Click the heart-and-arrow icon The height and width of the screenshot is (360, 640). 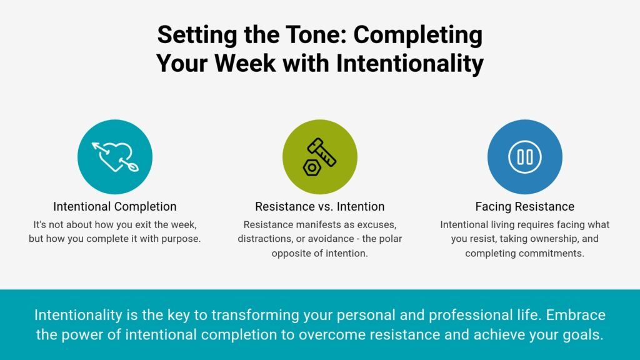pyautogui.click(x=115, y=157)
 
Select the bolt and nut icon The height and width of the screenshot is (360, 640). pyautogui.click(x=319, y=157)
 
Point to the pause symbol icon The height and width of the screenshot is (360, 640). pyautogui.click(x=525, y=157)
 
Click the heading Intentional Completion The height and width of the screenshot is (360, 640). pyautogui.click(x=115, y=206)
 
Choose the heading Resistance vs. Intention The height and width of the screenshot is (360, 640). pyautogui.click(x=319, y=206)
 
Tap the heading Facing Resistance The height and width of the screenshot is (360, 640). pyautogui.click(x=524, y=206)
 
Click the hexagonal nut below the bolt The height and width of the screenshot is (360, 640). pyautogui.click(x=312, y=167)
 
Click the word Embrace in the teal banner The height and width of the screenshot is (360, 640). pyautogui.click(x=576, y=315)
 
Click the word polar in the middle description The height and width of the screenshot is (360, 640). pyautogui.click(x=391, y=239)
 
